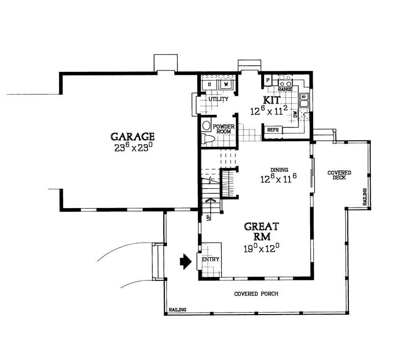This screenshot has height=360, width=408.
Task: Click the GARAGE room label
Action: (x=133, y=137)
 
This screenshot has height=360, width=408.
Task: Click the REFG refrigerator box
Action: (x=272, y=130)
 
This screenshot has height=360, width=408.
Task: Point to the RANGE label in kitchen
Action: (x=285, y=89)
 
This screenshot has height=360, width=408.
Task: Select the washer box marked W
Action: (x=225, y=84)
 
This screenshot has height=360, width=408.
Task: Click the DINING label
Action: (x=280, y=170)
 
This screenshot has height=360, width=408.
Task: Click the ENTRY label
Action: (x=210, y=260)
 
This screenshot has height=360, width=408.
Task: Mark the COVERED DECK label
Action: (x=339, y=175)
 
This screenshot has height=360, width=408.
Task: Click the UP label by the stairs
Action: (x=208, y=217)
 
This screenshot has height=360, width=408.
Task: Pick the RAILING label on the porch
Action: (x=177, y=310)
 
